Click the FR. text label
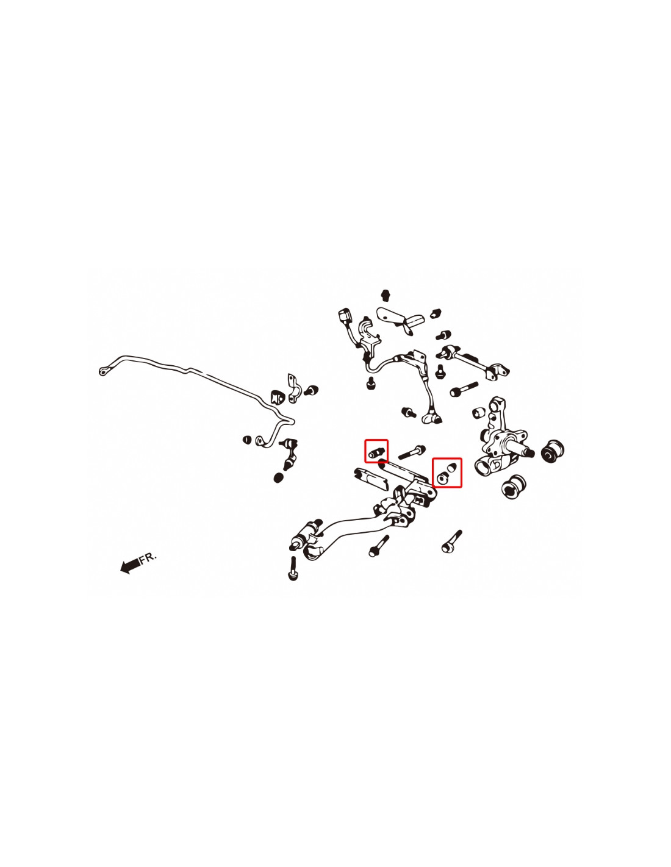click(148, 557)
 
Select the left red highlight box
click(376, 451)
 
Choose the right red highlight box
click(447, 473)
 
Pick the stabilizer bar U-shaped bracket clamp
click(293, 388)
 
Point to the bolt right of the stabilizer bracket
click(311, 390)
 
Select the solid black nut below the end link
click(279, 477)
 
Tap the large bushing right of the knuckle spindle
click(553, 451)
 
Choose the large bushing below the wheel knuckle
click(514, 487)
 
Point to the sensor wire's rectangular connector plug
click(343, 316)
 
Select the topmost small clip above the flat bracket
click(385, 295)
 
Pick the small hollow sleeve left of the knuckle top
click(478, 413)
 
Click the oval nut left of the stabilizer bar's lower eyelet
click(247, 440)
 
